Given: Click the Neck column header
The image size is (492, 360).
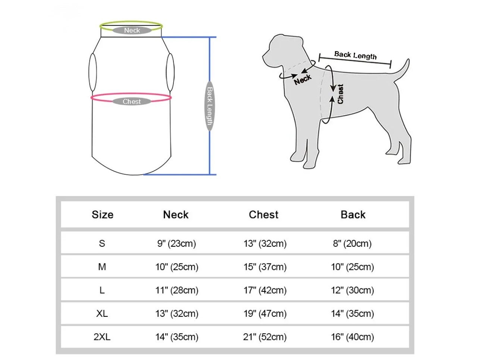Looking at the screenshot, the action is click(x=176, y=215).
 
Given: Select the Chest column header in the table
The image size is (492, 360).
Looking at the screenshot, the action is click(x=264, y=215).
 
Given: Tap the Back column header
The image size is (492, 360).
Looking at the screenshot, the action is click(x=353, y=215).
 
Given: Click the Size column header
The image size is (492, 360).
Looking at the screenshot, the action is click(x=103, y=215).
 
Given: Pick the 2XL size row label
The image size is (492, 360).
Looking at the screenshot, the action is click(x=102, y=337).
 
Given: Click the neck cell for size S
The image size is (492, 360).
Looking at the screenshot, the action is click(x=176, y=244).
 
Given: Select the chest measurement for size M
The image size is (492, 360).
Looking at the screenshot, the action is click(x=265, y=267).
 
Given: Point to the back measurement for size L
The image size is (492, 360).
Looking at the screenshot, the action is click(x=352, y=290).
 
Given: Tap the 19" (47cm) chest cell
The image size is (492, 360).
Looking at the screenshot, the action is click(x=265, y=314).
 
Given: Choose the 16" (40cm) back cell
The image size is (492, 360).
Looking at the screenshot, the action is click(x=352, y=337).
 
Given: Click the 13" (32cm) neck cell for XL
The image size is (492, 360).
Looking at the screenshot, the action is click(x=177, y=314).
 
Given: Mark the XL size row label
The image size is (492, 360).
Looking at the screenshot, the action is click(x=102, y=314).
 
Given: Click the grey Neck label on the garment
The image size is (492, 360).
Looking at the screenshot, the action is click(x=132, y=31).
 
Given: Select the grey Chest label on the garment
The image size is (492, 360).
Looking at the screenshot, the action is click(x=132, y=101).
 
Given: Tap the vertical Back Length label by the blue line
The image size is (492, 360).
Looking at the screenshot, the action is click(x=210, y=106).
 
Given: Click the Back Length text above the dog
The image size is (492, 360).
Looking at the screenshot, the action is click(x=355, y=56).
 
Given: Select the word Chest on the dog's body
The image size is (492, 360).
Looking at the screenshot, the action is click(x=340, y=94).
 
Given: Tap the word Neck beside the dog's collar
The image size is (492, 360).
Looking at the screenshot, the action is click(x=303, y=79).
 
